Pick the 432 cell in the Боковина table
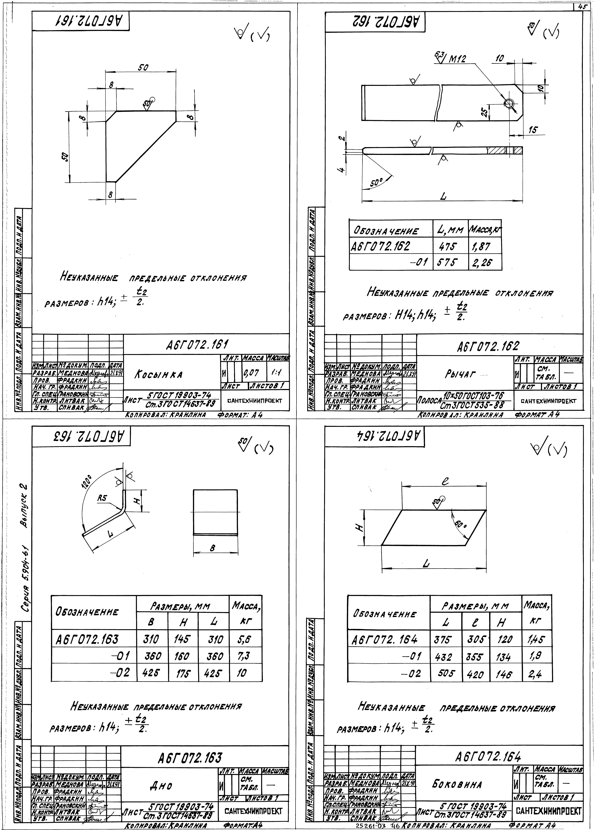click(x=444, y=658)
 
